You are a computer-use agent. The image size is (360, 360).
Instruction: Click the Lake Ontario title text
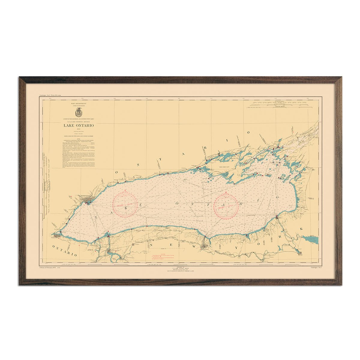tap(78, 125)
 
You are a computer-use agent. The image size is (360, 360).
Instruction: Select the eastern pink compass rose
tap(226, 205)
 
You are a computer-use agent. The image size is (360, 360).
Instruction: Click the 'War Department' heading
tap(78, 103)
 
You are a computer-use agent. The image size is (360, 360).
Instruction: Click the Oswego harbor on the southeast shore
tap(277, 217)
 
